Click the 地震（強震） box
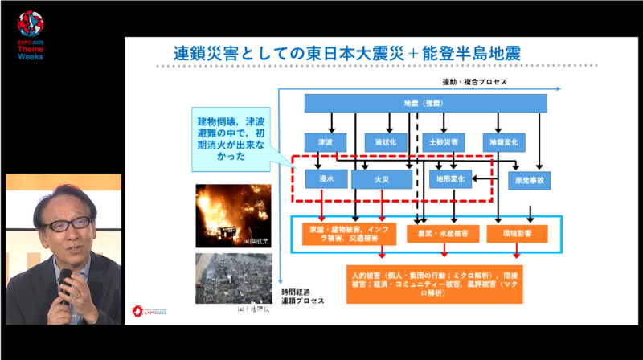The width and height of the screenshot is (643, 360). pyautogui.click(x=425, y=104)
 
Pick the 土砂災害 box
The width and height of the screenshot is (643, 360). pyautogui.click(x=444, y=142)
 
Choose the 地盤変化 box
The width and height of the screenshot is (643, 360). pyautogui.click(x=505, y=142)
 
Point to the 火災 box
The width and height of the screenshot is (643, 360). pyautogui.click(x=382, y=179)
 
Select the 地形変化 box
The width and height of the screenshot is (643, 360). pyautogui.click(x=451, y=179)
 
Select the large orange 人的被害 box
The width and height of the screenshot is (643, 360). pyautogui.click(x=434, y=284)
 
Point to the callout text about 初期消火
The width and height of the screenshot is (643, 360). pyautogui.click(x=231, y=139)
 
